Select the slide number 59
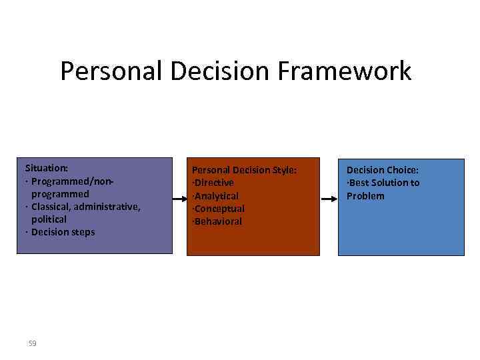point(32,343)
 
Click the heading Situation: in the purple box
point(47,168)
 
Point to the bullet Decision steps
point(63,232)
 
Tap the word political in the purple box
point(49,219)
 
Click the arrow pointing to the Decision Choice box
point(329,199)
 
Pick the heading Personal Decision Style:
point(244,170)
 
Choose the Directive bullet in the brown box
point(213,183)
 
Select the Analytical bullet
point(216,196)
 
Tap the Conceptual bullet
point(219,209)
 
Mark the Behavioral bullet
point(217,221)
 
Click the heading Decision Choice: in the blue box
point(382,170)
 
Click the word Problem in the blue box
point(365,196)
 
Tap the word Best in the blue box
point(359,183)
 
